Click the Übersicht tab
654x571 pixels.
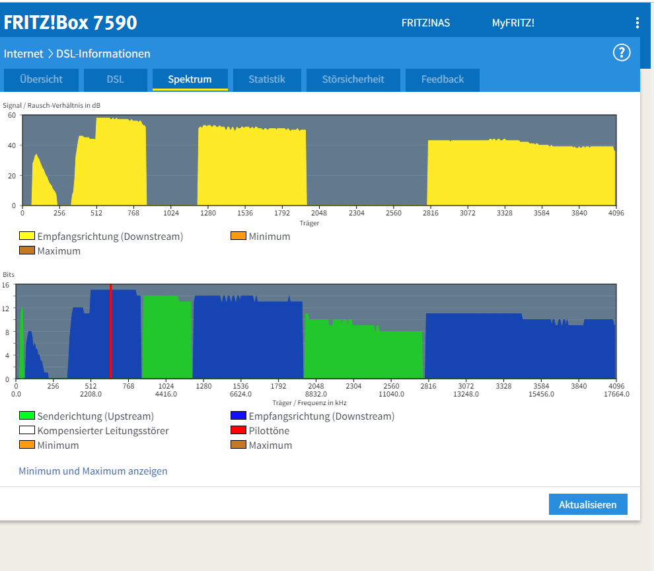pyautogui.click(x=41, y=79)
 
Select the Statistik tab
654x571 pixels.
pyautogui.click(x=267, y=79)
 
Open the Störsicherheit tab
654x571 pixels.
pyautogui.click(x=353, y=79)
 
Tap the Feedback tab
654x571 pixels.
pyautogui.click(x=443, y=79)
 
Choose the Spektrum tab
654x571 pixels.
pyautogui.click(x=190, y=79)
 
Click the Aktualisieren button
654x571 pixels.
pyautogui.click(x=588, y=504)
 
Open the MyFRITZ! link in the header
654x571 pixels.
pyautogui.click(x=513, y=23)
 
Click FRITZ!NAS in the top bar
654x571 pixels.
pyautogui.click(x=425, y=23)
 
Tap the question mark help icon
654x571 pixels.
pyautogui.click(x=622, y=53)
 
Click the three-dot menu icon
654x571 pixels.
pyautogui.click(x=637, y=23)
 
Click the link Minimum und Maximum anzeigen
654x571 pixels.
pyautogui.click(x=93, y=471)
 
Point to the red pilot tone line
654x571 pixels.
pyautogui.click(x=110, y=331)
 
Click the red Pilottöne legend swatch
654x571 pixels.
pyautogui.click(x=238, y=430)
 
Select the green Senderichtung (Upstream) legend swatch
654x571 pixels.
pyautogui.click(x=26, y=415)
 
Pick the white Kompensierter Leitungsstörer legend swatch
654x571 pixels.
pyautogui.click(x=26, y=430)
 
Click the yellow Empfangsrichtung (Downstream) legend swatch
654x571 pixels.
pyautogui.click(x=26, y=235)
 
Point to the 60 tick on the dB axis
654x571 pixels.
pyautogui.click(x=12, y=115)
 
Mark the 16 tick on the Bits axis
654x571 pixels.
pyautogui.click(x=5, y=285)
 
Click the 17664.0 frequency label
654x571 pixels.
pyautogui.click(x=616, y=394)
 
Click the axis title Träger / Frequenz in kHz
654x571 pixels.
pyautogui.click(x=309, y=402)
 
